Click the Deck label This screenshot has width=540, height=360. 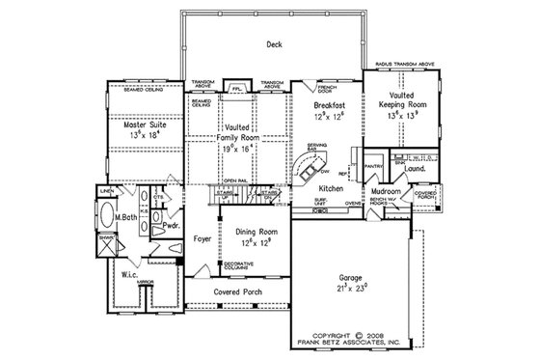click(x=273, y=44)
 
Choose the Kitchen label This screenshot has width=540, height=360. click(x=333, y=189)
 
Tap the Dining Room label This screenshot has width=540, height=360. click(x=253, y=233)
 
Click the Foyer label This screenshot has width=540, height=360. click(x=202, y=237)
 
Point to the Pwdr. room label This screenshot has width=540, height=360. click(x=172, y=225)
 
